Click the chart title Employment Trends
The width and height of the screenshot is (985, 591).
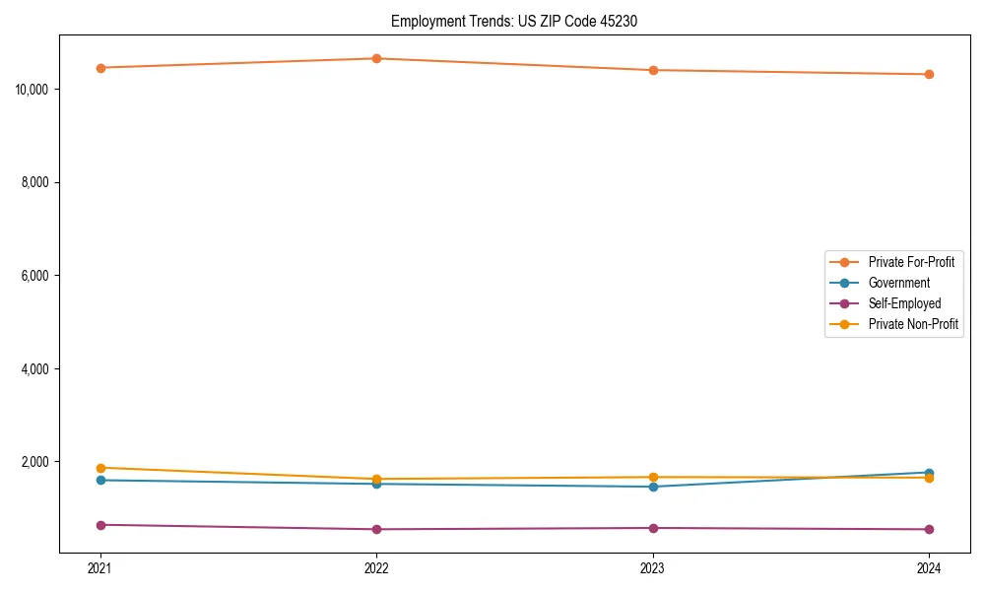513,21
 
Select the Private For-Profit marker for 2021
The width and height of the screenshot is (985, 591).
100,68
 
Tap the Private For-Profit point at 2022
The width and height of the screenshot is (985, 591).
376,58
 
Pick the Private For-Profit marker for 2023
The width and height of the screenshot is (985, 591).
653,70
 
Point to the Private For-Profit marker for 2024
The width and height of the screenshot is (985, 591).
929,74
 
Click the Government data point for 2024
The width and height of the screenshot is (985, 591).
929,473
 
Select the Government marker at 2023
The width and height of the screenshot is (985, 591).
653,487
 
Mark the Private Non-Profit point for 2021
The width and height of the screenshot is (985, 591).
100,468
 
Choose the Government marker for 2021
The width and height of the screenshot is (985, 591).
100,480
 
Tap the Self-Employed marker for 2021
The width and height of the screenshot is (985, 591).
100,525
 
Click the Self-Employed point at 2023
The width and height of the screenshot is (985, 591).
653,528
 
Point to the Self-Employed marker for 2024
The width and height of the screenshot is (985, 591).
929,529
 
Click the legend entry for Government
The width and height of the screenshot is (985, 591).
898,283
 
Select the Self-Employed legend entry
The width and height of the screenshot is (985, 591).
904,303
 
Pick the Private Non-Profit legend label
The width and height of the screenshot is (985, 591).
913,324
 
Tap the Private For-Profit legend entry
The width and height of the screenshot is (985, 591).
911,262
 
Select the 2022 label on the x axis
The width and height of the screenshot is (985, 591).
376,567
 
